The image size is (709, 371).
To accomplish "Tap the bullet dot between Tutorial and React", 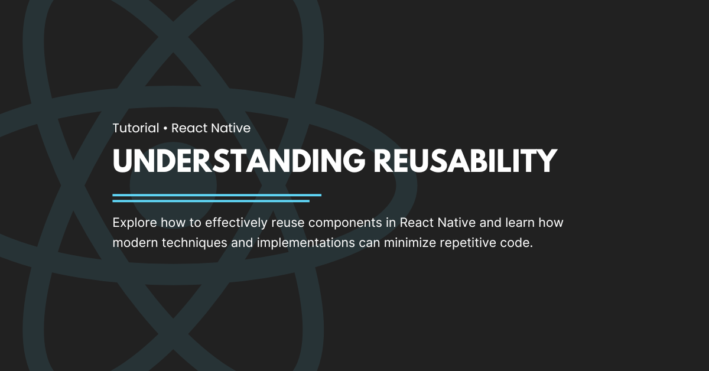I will tap(165, 128).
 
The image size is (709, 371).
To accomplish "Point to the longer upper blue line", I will tap(217, 194).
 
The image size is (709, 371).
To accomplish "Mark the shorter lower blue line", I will tap(211, 201).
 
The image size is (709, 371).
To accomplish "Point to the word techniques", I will tap(188, 243).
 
